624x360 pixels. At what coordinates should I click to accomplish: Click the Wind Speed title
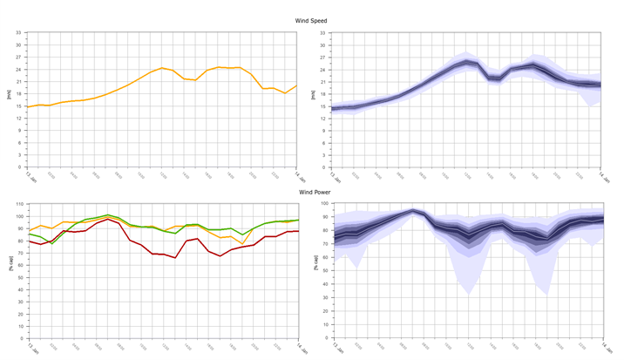[312, 19]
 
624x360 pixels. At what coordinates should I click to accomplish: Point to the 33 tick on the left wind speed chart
[19, 33]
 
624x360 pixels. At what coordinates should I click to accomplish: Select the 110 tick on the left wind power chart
[18, 205]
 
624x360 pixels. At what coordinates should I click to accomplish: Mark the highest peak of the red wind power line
[108, 219]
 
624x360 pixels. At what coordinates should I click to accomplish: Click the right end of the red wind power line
[298, 231]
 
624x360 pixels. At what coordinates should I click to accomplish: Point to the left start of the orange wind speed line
[28, 107]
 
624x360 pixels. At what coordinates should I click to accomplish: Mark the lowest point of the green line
[51, 242]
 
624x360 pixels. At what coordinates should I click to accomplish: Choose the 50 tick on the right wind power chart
[325, 272]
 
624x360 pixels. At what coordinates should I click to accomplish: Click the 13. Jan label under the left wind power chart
[30, 347]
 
